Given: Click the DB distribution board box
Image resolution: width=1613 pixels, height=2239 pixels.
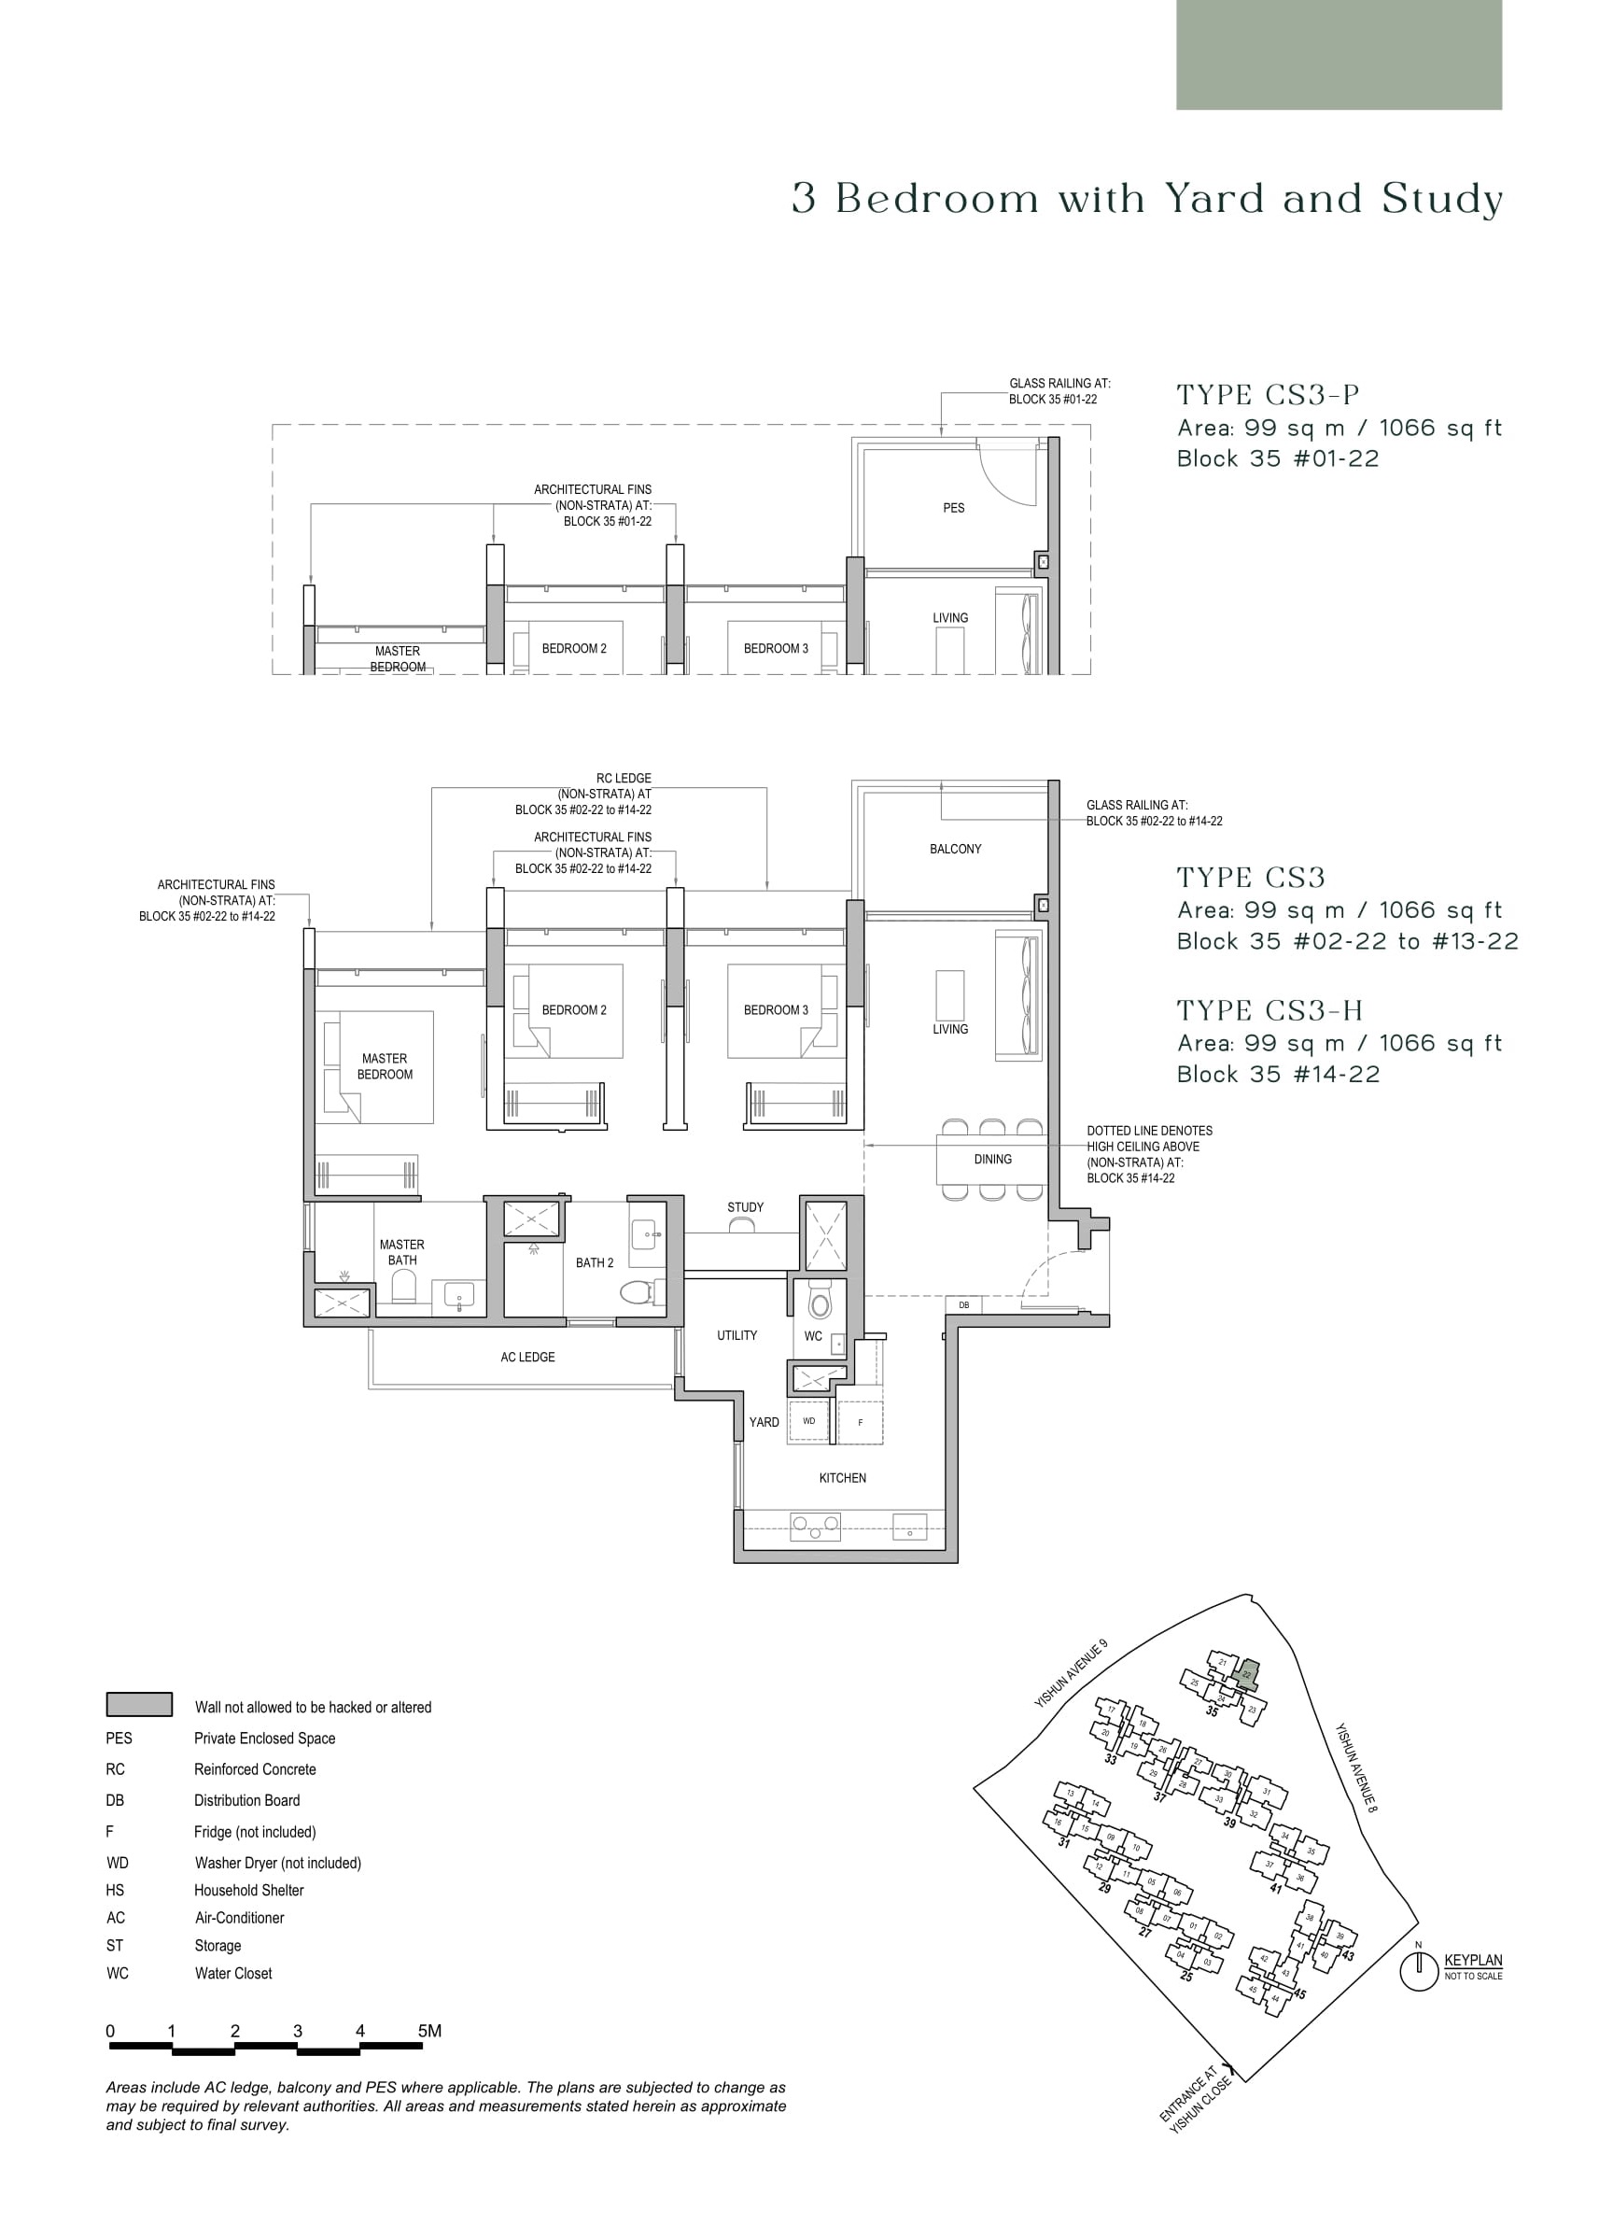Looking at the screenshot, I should click(x=963, y=1305).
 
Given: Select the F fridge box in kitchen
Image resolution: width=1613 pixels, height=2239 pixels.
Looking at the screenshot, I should click(x=860, y=1423).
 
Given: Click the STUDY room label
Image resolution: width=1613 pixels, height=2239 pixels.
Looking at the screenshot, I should click(x=745, y=1207).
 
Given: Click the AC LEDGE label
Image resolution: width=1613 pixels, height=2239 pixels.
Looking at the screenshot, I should click(x=527, y=1358).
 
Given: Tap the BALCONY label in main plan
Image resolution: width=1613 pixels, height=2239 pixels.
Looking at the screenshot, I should click(x=955, y=849).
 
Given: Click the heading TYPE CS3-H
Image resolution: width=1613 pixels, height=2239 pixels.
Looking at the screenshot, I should click(x=1269, y=1011).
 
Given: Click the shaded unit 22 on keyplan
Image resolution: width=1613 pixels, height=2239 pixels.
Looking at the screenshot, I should click(x=1247, y=1674).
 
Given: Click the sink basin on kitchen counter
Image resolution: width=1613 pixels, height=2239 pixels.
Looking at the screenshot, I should click(x=909, y=1527).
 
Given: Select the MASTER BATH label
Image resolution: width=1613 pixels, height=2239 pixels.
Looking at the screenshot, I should click(x=401, y=1252).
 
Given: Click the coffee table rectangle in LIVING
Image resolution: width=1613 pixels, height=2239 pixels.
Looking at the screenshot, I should click(x=949, y=995).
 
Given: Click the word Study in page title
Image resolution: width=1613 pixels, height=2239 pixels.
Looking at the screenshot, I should click(x=1442, y=200).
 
